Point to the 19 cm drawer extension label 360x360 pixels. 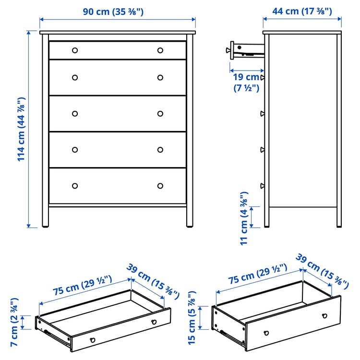pyautogui.click(x=246, y=82)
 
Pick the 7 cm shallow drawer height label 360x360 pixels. pyautogui.click(x=14, y=322)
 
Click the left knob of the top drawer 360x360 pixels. pyautogui.click(x=74, y=50)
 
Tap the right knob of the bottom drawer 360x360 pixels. pyautogui.click(x=160, y=186)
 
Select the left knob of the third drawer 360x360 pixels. pyautogui.click(x=74, y=114)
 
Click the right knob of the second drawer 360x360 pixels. pyautogui.click(x=160, y=78)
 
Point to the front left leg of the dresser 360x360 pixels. pyautogui.click(x=46, y=216)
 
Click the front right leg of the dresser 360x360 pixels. pyautogui.click(x=190, y=216)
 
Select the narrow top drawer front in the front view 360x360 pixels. pyautogui.click(x=117, y=50)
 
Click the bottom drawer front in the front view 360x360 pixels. pyautogui.click(x=117, y=186)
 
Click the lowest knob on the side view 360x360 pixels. pyautogui.click(x=262, y=186)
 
